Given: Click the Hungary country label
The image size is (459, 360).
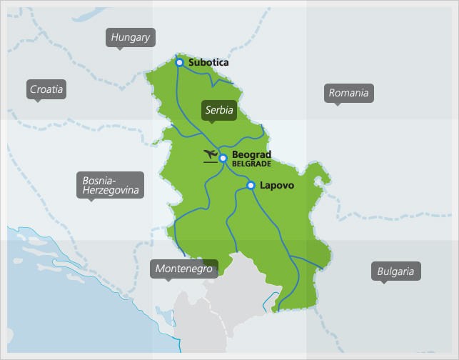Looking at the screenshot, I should tap(131, 38).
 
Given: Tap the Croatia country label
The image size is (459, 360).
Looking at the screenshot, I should tap(46, 89).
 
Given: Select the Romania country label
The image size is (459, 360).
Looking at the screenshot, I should tap(348, 93).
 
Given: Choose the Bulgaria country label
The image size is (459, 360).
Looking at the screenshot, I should tap(395, 271).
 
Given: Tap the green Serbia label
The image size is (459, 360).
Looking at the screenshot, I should tap(219, 110).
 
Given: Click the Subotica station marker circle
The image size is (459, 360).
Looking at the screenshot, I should tap(179, 63).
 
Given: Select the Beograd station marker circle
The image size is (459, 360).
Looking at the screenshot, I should tap(223, 158).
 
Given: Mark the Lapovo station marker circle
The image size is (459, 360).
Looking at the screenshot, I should tap(251, 186).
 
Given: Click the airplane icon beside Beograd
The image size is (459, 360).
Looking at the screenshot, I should tap(211, 156).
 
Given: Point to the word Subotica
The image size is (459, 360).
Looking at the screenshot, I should tap(208, 63).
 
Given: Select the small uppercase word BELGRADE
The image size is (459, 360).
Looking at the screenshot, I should tap(251, 164).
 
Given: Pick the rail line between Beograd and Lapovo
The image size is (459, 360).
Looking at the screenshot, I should tap(236, 172).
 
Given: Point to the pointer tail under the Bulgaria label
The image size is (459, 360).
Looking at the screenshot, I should tap(384, 282).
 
